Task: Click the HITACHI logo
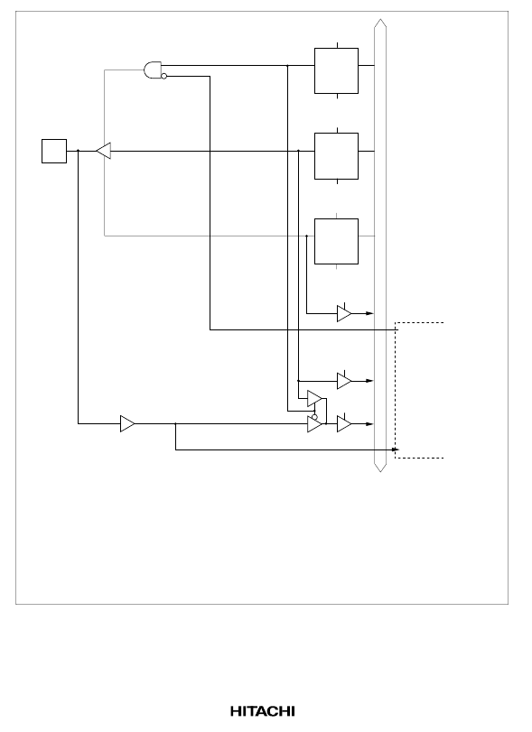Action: point(263,711)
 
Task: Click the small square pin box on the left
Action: point(54,152)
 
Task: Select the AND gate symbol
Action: point(153,70)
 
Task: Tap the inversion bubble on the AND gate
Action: point(164,76)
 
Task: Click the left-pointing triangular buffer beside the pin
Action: point(104,151)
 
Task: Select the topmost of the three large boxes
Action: point(336,71)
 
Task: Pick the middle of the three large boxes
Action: point(336,156)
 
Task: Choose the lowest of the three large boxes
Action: point(336,241)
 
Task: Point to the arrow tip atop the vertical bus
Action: point(380,20)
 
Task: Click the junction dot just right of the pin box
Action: point(78,151)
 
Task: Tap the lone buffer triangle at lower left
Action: point(127,424)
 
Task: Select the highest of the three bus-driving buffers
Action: point(344,314)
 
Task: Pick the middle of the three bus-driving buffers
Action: point(344,381)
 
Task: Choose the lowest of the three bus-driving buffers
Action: point(344,424)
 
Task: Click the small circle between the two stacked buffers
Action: point(314,417)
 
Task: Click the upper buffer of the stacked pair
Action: point(315,399)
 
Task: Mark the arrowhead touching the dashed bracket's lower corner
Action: point(396,449)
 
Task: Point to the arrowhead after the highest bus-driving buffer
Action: point(370,313)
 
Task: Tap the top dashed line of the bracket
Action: point(419,322)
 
